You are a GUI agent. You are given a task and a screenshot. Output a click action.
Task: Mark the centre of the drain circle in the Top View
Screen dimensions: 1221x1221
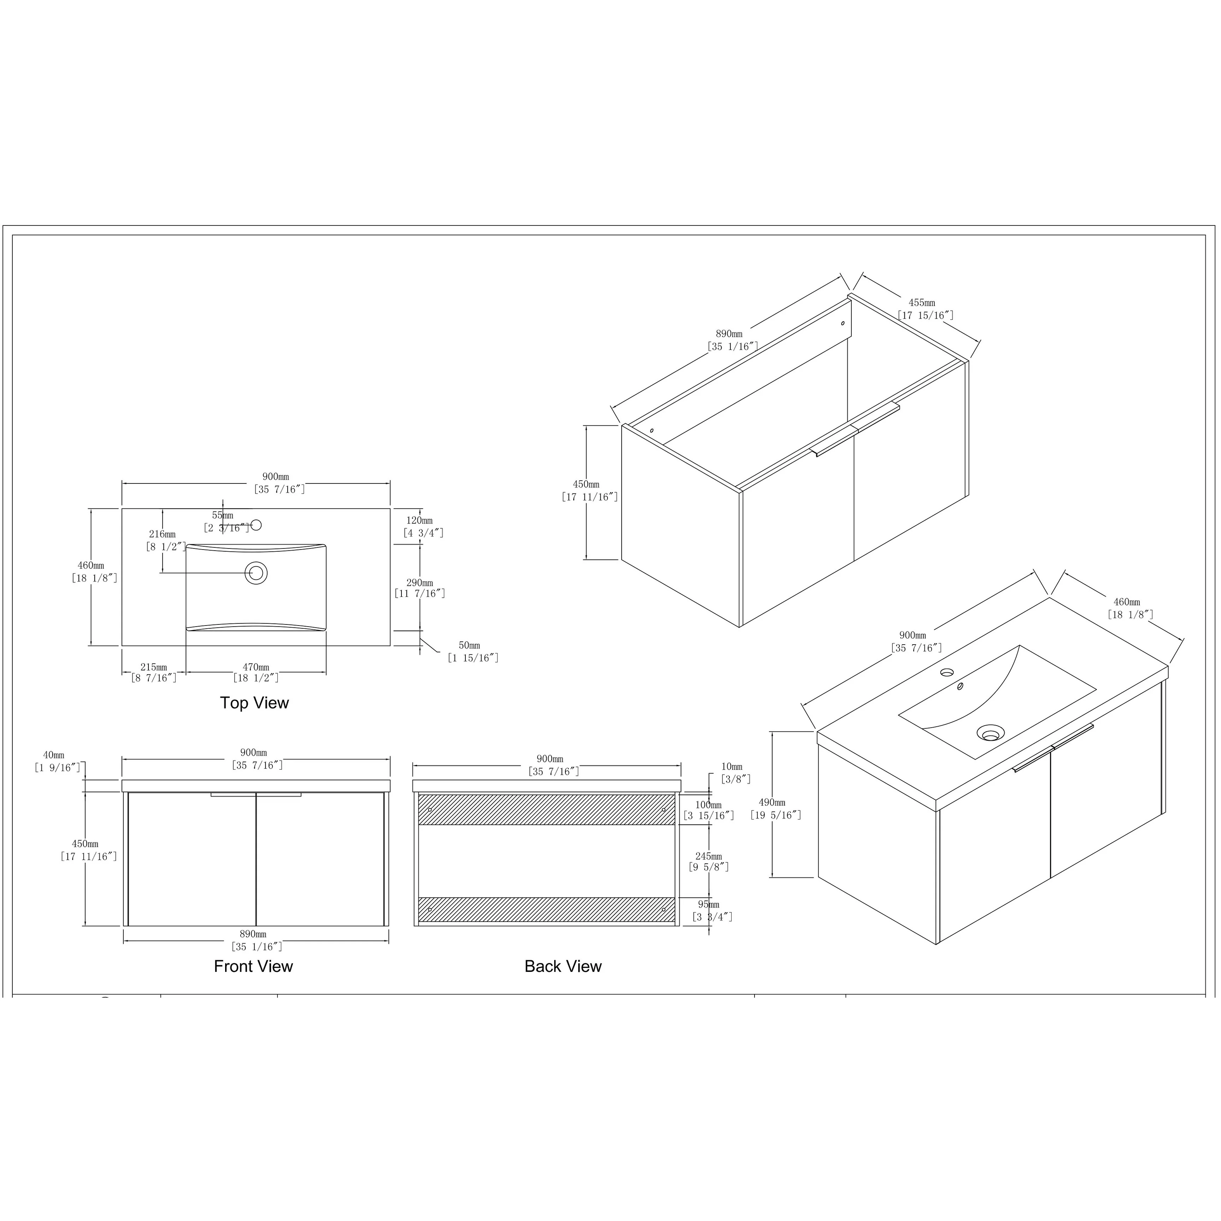pos(256,573)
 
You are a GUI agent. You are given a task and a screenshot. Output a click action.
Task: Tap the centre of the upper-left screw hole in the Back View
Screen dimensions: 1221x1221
pos(430,810)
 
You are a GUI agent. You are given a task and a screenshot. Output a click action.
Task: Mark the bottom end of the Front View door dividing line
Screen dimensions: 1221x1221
pos(256,926)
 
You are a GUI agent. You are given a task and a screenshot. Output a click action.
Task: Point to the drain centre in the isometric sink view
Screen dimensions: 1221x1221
pos(990,733)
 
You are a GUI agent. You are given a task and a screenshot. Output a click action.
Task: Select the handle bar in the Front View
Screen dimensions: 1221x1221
pos(256,794)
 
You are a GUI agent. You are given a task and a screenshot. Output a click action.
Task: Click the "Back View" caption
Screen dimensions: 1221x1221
pos(563,966)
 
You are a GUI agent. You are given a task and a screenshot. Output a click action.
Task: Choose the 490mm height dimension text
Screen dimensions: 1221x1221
pos(772,803)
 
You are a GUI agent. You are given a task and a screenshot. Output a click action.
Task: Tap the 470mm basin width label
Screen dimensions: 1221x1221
pos(256,667)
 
